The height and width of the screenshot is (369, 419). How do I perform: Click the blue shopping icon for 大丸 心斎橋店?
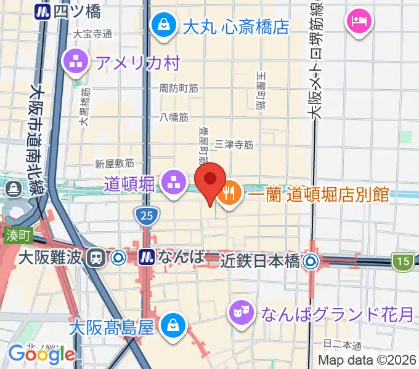point(165,26)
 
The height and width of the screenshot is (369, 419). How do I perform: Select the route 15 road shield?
point(403,262)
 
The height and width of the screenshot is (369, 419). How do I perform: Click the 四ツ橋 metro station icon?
point(43,10)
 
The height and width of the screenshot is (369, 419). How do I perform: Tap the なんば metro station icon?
point(147,256)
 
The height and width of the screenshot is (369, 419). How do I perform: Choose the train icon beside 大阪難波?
point(96,257)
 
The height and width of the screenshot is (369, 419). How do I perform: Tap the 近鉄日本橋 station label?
point(260,261)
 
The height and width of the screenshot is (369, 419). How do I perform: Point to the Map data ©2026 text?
point(367,360)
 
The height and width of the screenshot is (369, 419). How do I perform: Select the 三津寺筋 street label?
point(234,145)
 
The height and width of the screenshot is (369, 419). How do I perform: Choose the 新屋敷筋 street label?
point(115,164)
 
